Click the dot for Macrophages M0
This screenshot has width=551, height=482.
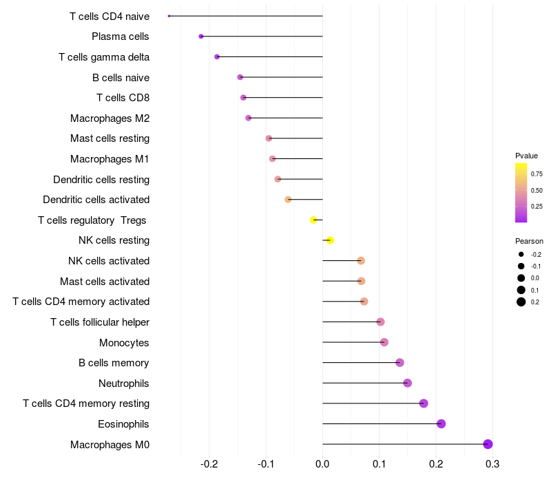coord(488,444)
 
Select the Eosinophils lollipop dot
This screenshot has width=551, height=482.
coord(441,423)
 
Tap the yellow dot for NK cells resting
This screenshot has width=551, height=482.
coord(330,240)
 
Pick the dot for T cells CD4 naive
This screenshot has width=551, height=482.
coord(169,16)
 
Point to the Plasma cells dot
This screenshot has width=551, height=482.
coord(201,36)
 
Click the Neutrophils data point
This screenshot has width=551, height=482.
coord(407,383)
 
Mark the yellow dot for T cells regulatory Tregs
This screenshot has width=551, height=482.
coord(313,220)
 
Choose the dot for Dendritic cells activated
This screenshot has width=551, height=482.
coord(288,200)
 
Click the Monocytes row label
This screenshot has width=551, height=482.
coord(124,342)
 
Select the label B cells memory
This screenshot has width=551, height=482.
coord(114,363)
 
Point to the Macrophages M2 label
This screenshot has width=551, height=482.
coord(110,118)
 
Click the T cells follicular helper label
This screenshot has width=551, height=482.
coord(100,322)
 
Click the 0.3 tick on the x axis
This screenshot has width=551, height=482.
coord(492,465)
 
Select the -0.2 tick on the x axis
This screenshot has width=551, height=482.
coord(209,465)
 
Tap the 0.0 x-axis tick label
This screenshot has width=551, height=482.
coord(322,465)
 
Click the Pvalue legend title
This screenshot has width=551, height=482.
coord(526,156)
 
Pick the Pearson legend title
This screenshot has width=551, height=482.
coord(529,242)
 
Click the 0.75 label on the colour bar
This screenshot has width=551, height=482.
coord(537,174)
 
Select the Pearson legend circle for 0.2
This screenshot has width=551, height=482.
coord(521,302)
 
